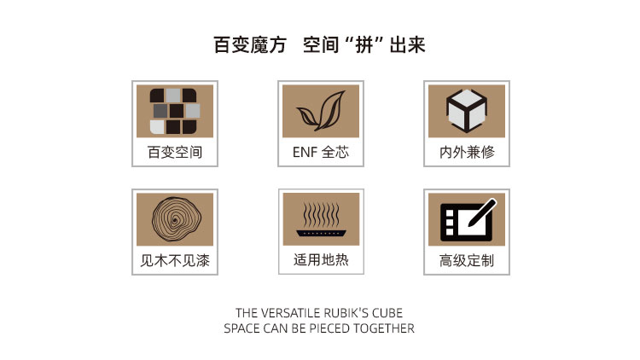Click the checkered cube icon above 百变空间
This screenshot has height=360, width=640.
pos(175,111)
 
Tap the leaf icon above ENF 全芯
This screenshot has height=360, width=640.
pos(321,111)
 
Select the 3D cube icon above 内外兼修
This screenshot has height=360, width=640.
pos(467,111)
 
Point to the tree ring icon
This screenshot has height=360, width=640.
pos(177,219)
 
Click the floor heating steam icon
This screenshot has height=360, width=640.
pos(321,219)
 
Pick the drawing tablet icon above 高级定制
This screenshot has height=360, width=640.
pos(468,219)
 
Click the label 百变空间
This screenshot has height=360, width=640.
pos(175,152)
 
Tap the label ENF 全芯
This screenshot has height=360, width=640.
pos(321,152)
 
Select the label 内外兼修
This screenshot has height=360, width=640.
pos(467,152)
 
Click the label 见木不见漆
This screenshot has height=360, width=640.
pos(175,260)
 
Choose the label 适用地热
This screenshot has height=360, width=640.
pos(321,260)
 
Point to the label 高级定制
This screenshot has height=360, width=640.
pos(467,260)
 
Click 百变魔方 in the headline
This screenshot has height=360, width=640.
pos(250,44)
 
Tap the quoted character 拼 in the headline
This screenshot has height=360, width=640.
pos(364,45)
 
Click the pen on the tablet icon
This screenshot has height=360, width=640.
pos(482,212)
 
